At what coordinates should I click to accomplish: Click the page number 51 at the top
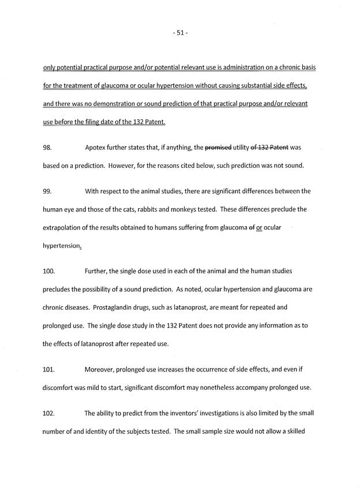[180, 33]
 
